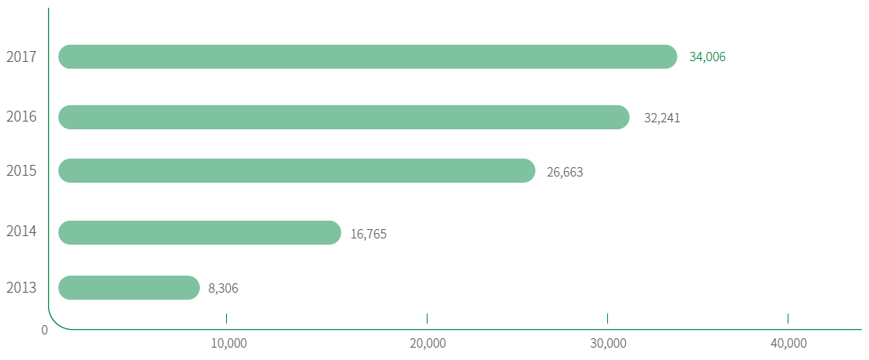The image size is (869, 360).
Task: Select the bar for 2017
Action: [x=368, y=57]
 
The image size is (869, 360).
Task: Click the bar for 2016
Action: [x=344, y=117]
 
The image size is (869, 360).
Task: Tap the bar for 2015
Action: [x=297, y=170]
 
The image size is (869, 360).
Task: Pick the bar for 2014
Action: [x=200, y=232]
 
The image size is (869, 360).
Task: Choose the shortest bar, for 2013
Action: [x=129, y=287]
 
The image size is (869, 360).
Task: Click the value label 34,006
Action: [x=707, y=57]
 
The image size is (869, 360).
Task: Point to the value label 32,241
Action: [x=662, y=118]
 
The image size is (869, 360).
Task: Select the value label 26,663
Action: [x=565, y=172]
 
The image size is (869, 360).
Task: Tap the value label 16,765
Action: [x=369, y=234]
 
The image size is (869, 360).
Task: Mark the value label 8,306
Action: [x=223, y=289]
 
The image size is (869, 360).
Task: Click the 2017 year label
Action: [x=22, y=57]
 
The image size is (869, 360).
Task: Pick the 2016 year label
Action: [x=22, y=117]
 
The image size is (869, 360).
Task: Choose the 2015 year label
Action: [x=22, y=170]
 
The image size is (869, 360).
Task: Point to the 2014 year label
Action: [x=22, y=231]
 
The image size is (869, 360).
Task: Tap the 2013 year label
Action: [x=22, y=288]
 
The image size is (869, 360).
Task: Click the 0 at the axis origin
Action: [x=45, y=330]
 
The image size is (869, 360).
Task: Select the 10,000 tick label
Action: [x=228, y=343]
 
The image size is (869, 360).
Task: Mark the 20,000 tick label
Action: [x=427, y=343]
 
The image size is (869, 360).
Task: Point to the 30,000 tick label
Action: [x=608, y=343]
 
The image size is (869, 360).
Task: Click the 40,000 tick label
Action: [x=788, y=343]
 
